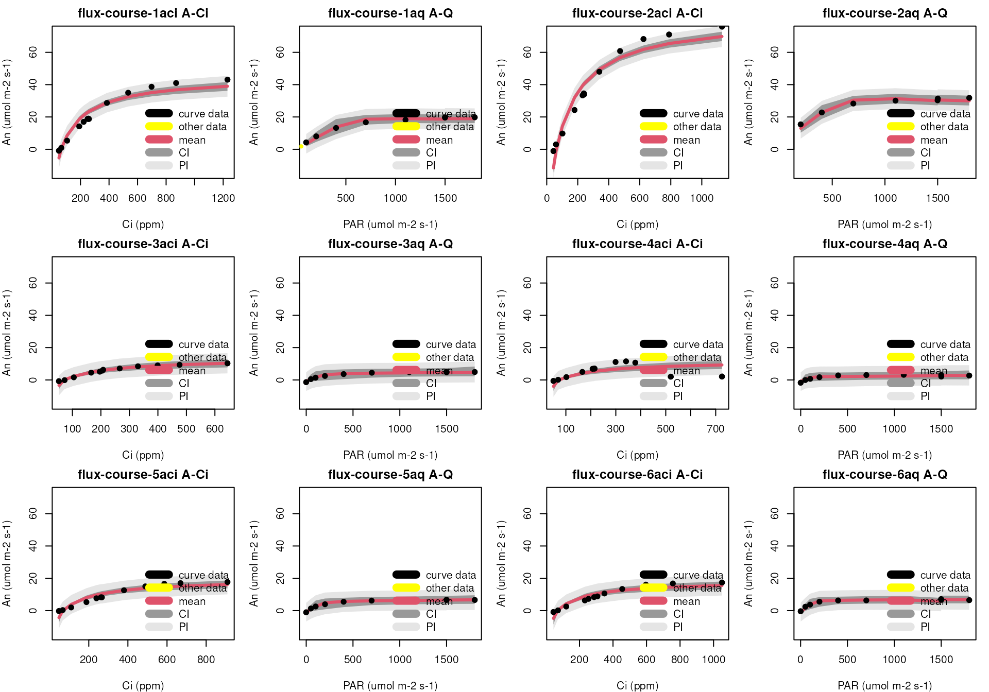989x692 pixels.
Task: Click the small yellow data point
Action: point(301,147)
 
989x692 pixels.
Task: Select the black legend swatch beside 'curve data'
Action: point(406,113)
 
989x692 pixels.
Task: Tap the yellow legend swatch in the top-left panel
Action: point(159,126)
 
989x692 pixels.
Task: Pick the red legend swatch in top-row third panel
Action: point(653,140)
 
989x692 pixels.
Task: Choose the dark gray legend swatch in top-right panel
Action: point(900,152)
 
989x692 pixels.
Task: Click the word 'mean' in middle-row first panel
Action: point(192,371)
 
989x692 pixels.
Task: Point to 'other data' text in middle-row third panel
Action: point(696,357)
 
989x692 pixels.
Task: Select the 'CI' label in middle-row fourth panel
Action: point(926,384)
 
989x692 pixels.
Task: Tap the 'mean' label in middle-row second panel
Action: point(439,371)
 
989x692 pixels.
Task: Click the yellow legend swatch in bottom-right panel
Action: point(900,587)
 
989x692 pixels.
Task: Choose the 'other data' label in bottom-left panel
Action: point(202,588)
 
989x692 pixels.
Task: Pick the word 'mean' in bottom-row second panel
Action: point(439,602)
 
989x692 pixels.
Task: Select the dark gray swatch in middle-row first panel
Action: point(159,383)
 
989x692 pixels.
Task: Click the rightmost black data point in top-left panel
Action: point(227,80)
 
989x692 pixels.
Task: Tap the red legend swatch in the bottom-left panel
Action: point(159,601)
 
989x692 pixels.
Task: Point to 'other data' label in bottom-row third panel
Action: point(696,588)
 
